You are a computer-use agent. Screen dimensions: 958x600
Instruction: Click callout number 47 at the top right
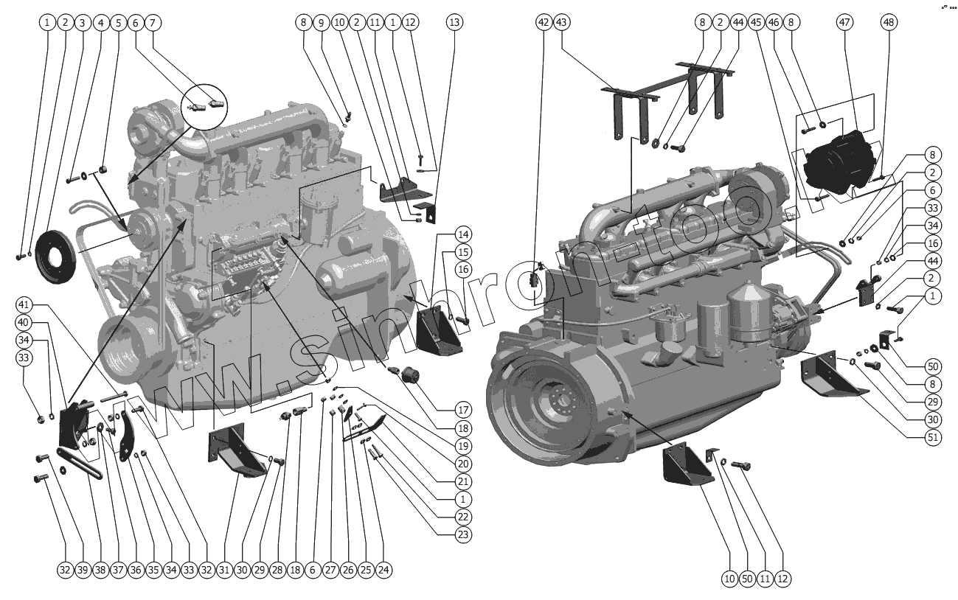[845, 22]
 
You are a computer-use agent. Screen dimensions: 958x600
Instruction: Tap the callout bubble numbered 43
[562, 22]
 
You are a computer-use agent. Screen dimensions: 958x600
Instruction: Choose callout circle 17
[463, 409]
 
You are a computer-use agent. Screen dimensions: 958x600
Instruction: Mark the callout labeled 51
[912, 437]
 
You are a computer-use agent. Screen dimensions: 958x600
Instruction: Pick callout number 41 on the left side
[24, 305]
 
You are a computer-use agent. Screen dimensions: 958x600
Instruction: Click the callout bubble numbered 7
[153, 22]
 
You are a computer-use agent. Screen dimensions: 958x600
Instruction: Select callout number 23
[463, 534]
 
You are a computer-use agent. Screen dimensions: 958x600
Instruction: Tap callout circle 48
[890, 22]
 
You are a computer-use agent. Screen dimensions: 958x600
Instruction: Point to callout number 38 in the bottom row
[100, 570]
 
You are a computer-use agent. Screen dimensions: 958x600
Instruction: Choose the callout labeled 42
[544, 22]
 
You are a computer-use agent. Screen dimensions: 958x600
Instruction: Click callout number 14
[463, 235]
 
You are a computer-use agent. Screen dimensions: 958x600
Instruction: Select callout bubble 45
[756, 22]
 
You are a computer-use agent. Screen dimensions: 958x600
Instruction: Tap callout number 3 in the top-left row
[83, 22]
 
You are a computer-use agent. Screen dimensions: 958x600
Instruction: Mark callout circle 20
[463, 464]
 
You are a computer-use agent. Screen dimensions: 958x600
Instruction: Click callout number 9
[321, 22]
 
